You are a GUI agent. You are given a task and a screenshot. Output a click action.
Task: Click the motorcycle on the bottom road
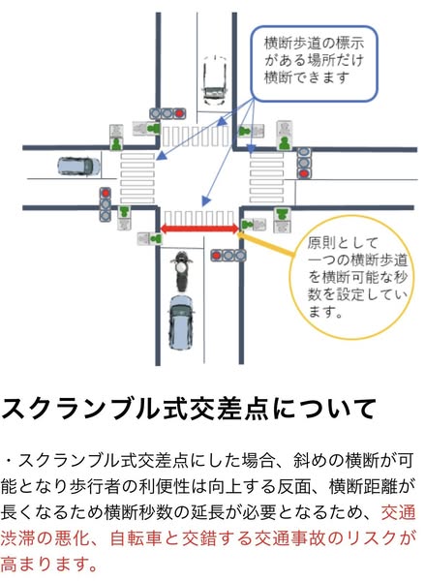181,271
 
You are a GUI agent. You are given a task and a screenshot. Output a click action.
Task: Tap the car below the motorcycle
181,322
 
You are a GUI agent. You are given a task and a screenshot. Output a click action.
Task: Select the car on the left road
79,166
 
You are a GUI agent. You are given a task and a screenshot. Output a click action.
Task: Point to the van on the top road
215,80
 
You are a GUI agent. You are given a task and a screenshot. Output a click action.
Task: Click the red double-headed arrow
199,229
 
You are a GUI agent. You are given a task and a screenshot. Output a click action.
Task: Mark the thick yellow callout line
266,244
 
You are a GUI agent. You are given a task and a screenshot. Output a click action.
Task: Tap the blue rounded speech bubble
315,64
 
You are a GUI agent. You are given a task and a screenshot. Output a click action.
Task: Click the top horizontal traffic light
167,113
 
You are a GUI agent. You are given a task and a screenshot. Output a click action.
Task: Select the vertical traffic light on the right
304,163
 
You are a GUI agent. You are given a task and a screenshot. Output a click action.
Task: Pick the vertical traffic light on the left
106,204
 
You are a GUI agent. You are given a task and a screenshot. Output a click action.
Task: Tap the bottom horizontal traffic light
228,256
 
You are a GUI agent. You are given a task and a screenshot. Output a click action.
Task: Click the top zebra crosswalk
196,136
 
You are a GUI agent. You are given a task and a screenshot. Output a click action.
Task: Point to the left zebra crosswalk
137,177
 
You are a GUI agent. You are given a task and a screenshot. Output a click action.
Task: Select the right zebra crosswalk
267,177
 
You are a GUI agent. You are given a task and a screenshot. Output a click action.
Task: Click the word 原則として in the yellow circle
343,243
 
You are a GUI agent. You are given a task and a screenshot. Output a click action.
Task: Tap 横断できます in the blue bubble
307,77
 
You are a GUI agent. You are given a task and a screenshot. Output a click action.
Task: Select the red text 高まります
49,564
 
